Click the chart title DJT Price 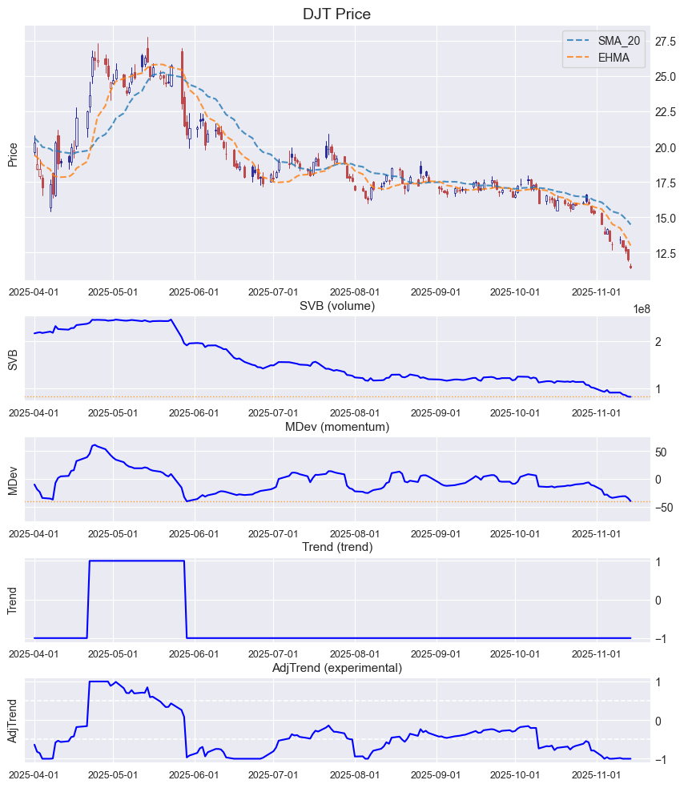pyautogui.click(x=336, y=14)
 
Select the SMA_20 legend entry pyautogui.click(x=618, y=40)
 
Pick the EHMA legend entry pyautogui.click(x=614, y=58)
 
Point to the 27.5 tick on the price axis pyautogui.click(x=666, y=41)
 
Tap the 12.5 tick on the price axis pyautogui.click(x=666, y=253)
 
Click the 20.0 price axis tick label pyautogui.click(x=666, y=147)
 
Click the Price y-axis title pyautogui.click(x=13, y=155)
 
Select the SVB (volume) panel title pyautogui.click(x=336, y=306)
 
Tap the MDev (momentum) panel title pyautogui.click(x=336, y=427)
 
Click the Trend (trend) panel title pyautogui.click(x=336, y=547)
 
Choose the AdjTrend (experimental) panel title pyautogui.click(x=336, y=668)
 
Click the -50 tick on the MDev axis pyautogui.click(x=664, y=507)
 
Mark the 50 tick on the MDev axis pyautogui.click(x=662, y=452)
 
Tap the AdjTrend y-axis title pyautogui.click(x=13, y=722)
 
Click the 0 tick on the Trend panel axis pyautogui.click(x=658, y=600)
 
